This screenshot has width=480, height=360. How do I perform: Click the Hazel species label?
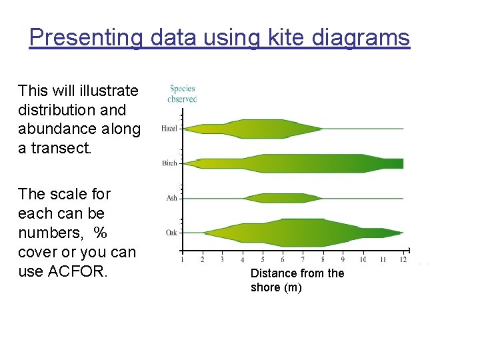tap(169, 129)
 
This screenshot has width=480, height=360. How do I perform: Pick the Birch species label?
tap(169, 163)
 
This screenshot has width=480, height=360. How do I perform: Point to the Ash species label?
tap(171, 198)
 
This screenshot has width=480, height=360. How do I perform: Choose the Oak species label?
tap(171, 233)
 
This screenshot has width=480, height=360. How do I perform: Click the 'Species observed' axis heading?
tap(182, 93)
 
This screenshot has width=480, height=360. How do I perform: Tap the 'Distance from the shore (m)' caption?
tap(297, 280)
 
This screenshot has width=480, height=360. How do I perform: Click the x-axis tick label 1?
tap(182, 259)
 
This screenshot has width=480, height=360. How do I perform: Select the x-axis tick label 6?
tap(283, 259)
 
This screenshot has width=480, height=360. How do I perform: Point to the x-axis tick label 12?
tap(403, 259)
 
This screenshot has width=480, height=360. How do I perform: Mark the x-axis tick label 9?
tap(343, 259)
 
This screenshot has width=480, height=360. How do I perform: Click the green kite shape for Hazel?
tap(260, 129)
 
